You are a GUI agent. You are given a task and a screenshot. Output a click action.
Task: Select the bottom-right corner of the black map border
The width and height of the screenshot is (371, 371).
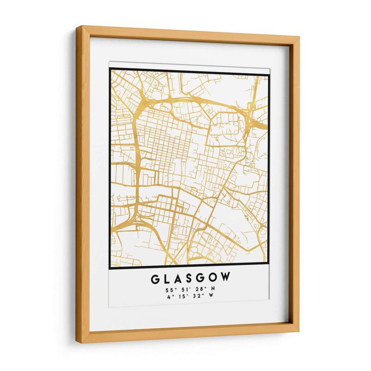click(269, 268)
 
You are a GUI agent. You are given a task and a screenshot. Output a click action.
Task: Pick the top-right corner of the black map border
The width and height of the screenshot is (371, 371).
click(269, 75)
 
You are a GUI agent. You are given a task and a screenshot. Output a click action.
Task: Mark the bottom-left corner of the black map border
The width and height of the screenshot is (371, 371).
click(110, 268)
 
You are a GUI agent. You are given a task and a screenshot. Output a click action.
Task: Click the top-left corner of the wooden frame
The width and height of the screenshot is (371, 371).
click(77, 27)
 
